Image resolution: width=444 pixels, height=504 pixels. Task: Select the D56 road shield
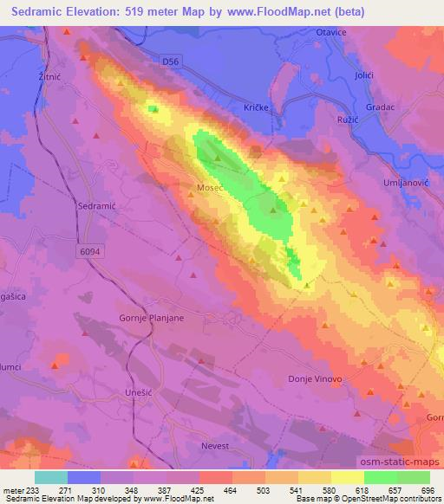[x=172, y=61]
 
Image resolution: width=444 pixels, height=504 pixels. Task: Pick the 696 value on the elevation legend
[x=428, y=490]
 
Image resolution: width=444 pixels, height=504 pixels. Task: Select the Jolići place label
[x=363, y=76]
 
